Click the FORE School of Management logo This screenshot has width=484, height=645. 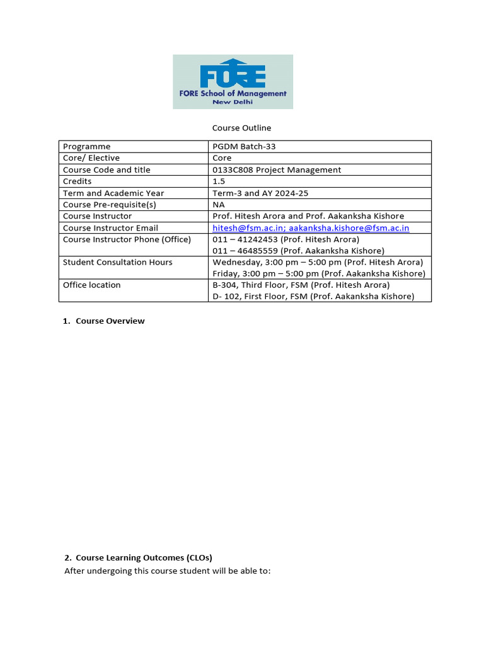(x=233, y=81)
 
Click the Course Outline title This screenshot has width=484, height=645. (x=241, y=128)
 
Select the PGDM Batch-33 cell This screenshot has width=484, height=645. (x=244, y=146)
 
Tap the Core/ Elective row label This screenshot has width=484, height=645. (x=91, y=158)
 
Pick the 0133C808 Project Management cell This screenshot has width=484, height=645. (x=277, y=170)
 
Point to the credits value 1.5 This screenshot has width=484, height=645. (x=219, y=181)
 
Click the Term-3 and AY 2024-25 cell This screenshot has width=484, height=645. (x=260, y=193)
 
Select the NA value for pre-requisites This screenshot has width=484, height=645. (x=219, y=205)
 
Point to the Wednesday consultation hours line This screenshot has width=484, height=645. (x=318, y=262)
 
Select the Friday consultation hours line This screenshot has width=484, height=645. (x=319, y=273)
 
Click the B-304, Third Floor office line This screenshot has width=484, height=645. (x=301, y=285)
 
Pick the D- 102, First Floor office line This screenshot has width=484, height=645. (x=313, y=296)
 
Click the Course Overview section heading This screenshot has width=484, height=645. (x=110, y=321)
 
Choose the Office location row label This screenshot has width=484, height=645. (x=91, y=285)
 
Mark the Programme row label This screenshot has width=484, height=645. (x=86, y=146)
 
